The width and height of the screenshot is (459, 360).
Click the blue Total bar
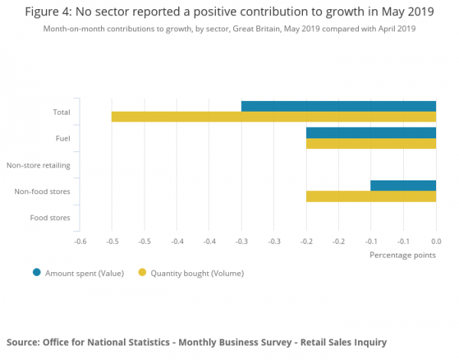(338, 106)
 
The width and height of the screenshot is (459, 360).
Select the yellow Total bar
(273, 117)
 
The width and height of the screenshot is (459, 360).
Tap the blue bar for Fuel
(371, 132)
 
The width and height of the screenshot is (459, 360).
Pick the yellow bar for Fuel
(371, 143)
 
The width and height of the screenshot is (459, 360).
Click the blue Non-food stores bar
(403, 185)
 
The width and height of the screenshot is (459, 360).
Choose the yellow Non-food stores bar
(371, 196)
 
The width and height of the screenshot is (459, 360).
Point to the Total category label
(61, 112)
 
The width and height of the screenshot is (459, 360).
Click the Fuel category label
(63, 138)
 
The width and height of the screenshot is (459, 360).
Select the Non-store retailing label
(38, 165)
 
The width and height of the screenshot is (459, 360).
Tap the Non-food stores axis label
(43, 191)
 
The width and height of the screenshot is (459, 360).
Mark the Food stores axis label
(50, 218)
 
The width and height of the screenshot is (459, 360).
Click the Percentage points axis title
(402, 255)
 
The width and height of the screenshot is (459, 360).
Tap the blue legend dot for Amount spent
(36, 272)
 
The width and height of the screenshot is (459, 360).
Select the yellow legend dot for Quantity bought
(142, 272)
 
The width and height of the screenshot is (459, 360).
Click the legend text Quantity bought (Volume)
(196, 272)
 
